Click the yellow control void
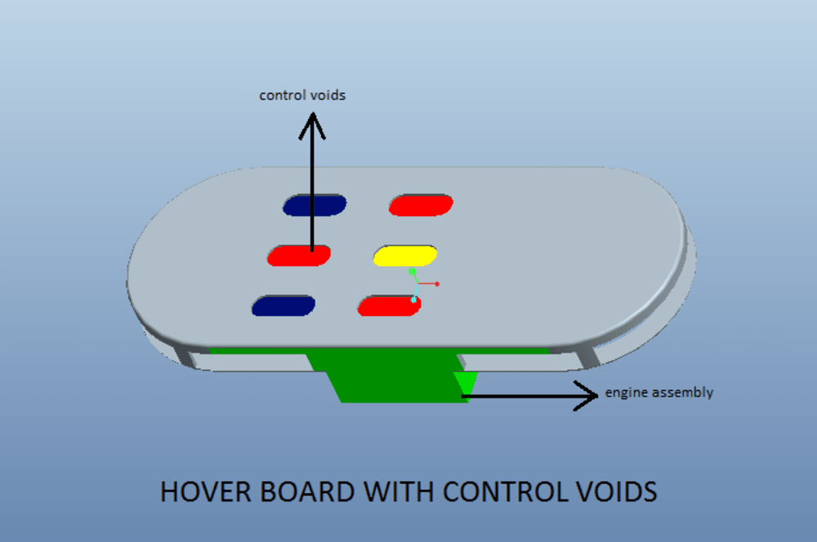[405, 255]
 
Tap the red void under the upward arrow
[299, 255]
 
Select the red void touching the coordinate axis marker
[389, 306]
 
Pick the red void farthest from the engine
[421, 205]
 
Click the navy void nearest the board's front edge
[283, 305]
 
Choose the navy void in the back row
[315, 205]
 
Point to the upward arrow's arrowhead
[311, 125]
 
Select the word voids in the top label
[328, 96]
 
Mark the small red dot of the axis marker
[437, 283]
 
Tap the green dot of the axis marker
[413, 270]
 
